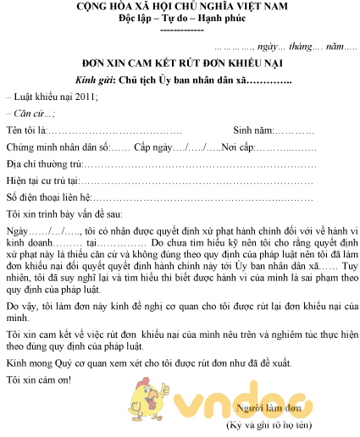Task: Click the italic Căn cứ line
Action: pos(31,113)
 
